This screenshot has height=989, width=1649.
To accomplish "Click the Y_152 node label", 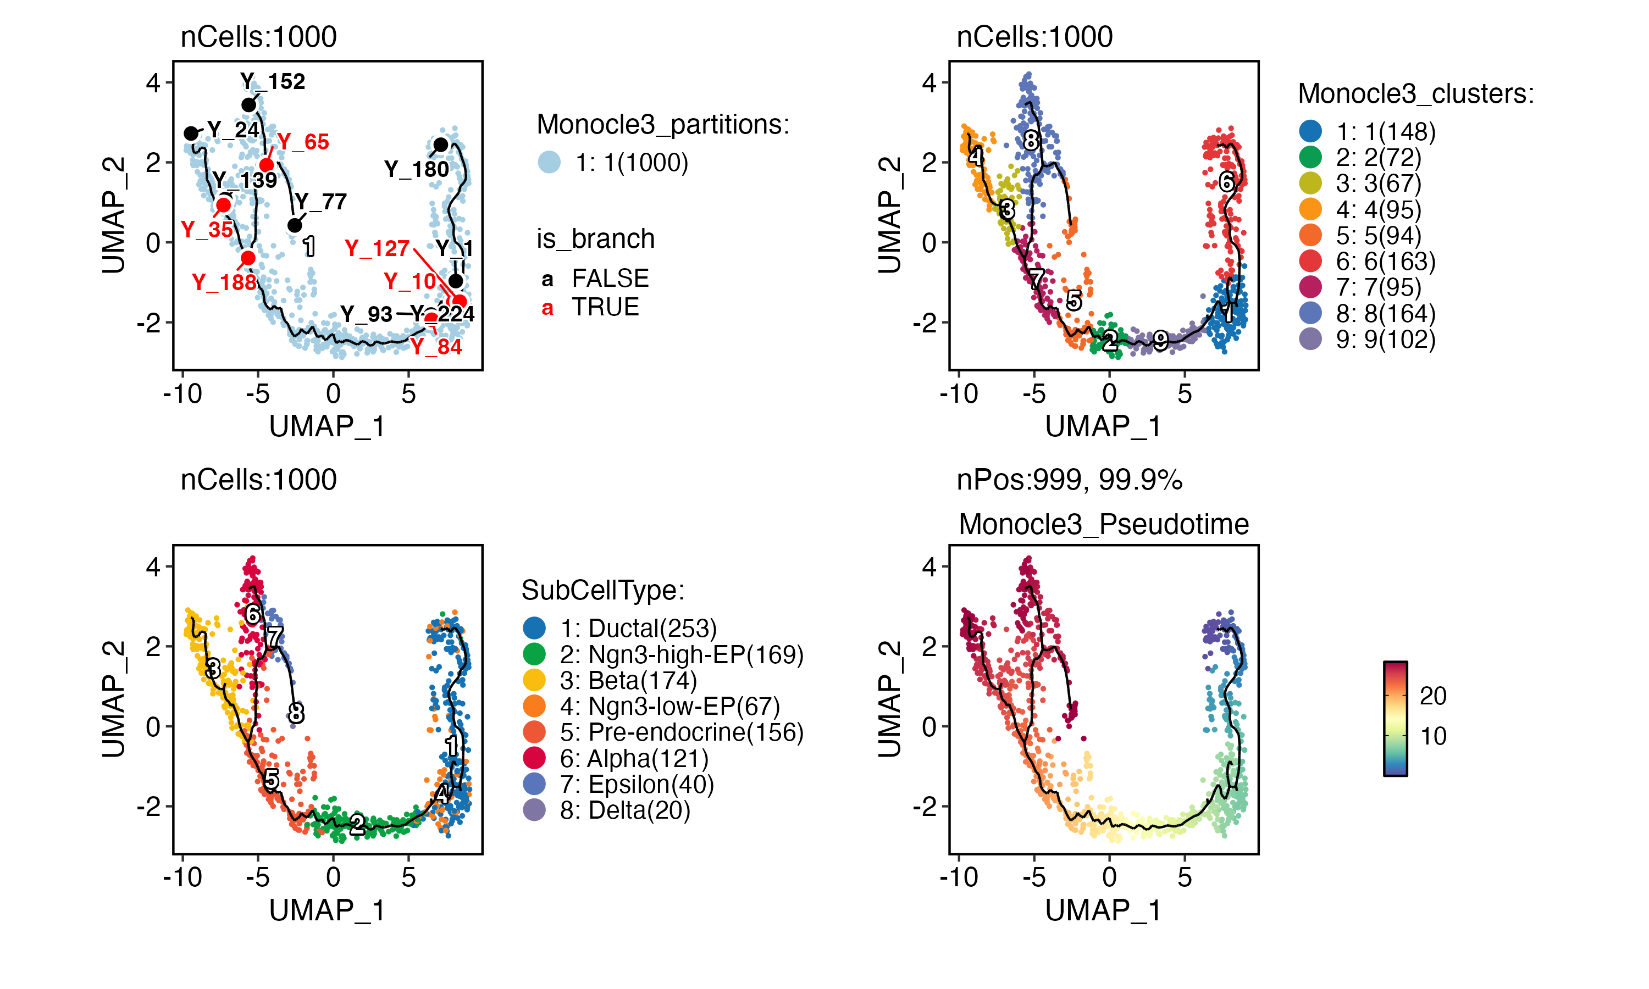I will click(x=273, y=81).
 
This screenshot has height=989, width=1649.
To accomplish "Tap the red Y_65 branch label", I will click(x=303, y=142).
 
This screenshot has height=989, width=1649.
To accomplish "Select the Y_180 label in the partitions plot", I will click(x=417, y=169).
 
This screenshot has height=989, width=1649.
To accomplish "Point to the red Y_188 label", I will click(x=224, y=282).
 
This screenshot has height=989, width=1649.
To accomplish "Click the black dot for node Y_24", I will click(x=191, y=134).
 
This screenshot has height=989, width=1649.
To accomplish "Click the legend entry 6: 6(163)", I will click(x=1385, y=261).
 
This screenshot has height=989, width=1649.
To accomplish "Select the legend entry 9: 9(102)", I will click(x=1385, y=339).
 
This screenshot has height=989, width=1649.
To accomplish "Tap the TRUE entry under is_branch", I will click(x=605, y=307).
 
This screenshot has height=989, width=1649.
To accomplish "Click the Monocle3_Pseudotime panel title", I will click(x=1103, y=525).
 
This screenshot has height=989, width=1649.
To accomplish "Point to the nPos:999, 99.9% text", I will click(x=1069, y=480).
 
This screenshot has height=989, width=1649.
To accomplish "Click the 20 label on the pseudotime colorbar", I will click(x=1433, y=696).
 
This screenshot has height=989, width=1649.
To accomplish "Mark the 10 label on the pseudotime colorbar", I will click(x=1433, y=736).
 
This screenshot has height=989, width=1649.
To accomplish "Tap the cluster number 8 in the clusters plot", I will click(x=1031, y=141).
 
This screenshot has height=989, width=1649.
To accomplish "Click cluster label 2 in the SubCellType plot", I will click(x=358, y=824).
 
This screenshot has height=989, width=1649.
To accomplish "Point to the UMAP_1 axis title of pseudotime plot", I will click(x=1103, y=910).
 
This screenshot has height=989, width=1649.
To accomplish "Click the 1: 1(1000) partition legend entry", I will click(x=631, y=163).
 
